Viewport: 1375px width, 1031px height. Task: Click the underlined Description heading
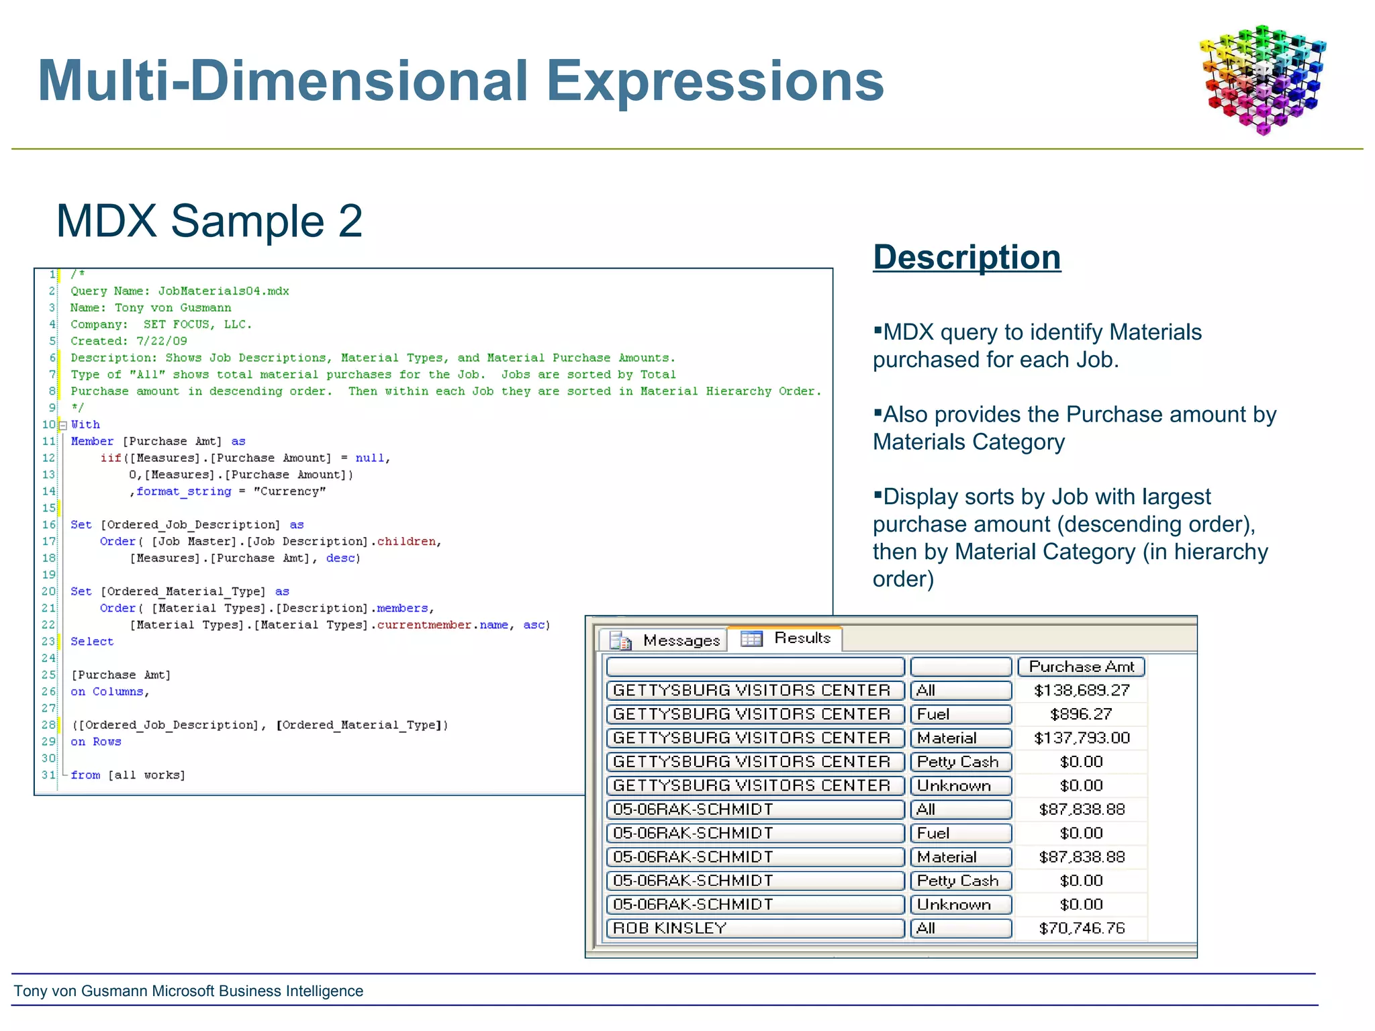point(967,258)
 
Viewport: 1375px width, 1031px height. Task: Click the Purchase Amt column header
point(1081,667)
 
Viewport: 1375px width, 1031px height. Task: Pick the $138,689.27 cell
point(1081,690)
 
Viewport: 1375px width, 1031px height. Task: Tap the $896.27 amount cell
point(1081,714)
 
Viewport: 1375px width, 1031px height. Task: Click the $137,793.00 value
point(1081,738)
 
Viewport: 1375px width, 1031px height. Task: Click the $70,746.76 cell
point(1081,928)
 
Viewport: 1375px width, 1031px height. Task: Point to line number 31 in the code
point(48,775)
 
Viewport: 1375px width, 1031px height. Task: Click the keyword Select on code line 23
point(92,642)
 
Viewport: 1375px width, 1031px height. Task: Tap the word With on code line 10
point(85,425)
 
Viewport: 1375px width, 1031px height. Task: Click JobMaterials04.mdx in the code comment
point(224,291)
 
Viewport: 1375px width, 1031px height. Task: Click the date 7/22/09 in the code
point(162,341)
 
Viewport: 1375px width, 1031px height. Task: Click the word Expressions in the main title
point(714,81)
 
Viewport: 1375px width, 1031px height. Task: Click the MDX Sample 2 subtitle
point(209,221)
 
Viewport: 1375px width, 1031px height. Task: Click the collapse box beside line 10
point(63,425)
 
